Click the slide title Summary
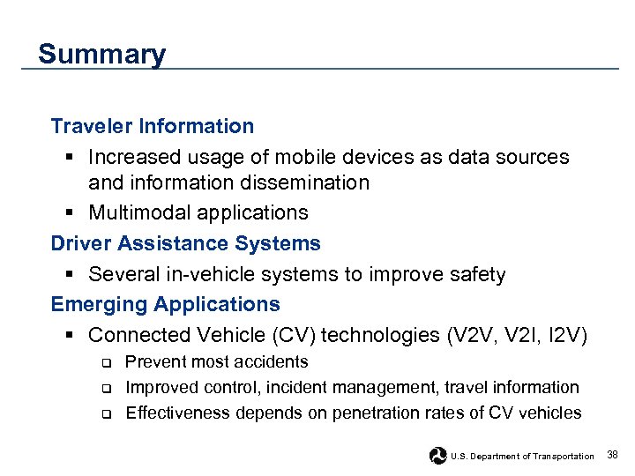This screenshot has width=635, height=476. (x=101, y=55)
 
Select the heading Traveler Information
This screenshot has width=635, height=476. (x=152, y=126)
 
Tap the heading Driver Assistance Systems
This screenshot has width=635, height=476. (x=185, y=243)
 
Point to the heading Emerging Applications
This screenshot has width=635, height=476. (x=165, y=304)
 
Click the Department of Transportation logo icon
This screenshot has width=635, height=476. (x=437, y=456)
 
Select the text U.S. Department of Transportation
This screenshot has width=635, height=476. (x=522, y=456)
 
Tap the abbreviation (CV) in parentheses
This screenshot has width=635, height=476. (x=297, y=335)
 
